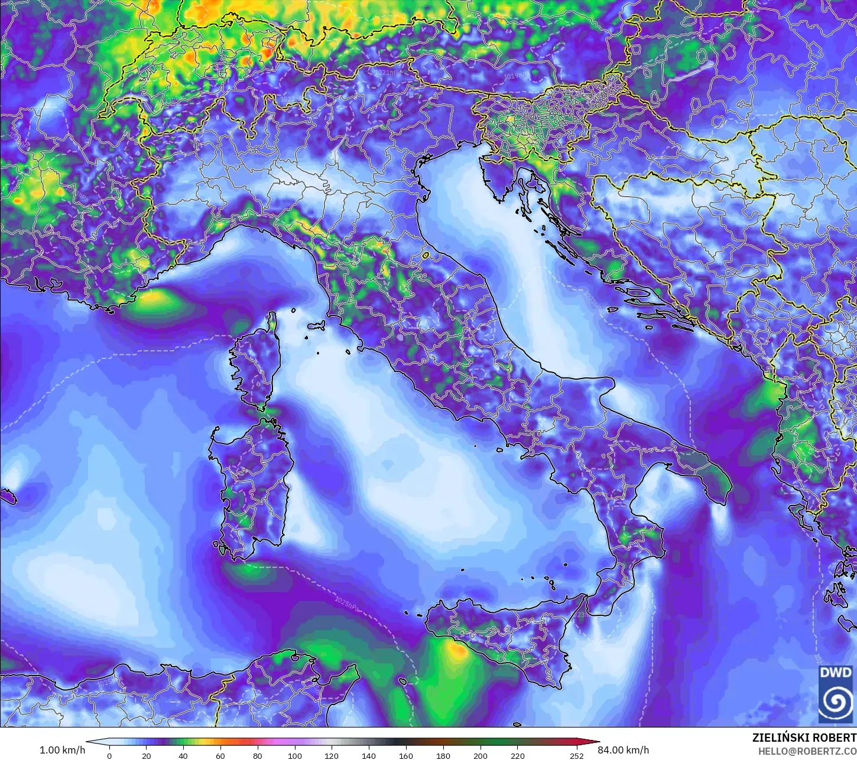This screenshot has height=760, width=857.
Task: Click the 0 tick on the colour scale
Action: click(x=109, y=755)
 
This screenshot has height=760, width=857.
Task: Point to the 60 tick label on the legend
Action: click(x=220, y=755)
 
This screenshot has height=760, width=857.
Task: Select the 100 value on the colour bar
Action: click(x=294, y=755)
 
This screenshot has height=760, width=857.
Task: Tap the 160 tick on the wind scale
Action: click(x=406, y=755)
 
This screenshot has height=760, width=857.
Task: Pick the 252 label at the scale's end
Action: click(x=576, y=755)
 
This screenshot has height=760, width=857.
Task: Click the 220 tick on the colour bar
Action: click(x=517, y=755)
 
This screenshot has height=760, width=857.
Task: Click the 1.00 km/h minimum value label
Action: click(x=62, y=750)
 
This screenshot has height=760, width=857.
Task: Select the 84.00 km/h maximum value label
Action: click(x=623, y=750)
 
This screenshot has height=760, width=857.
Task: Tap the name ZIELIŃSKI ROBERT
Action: click(x=804, y=738)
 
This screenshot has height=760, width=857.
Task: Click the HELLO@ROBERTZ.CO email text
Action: click(x=807, y=751)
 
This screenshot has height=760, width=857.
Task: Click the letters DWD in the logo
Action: click(x=836, y=673)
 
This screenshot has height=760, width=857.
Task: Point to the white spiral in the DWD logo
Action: click(x=836, y=702)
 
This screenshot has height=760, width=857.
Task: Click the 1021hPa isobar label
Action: click(x=387, y=72)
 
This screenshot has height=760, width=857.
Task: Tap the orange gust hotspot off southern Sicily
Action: click(x=456, y=651)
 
